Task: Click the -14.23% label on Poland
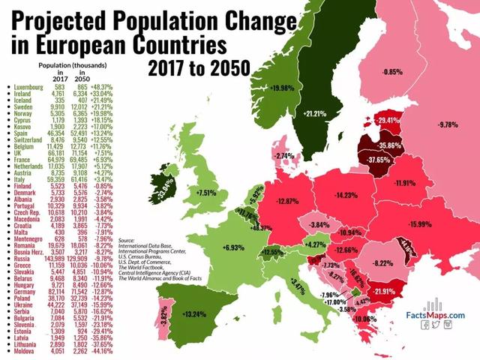tap(346, 195)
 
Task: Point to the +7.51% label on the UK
tap(205, 192)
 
